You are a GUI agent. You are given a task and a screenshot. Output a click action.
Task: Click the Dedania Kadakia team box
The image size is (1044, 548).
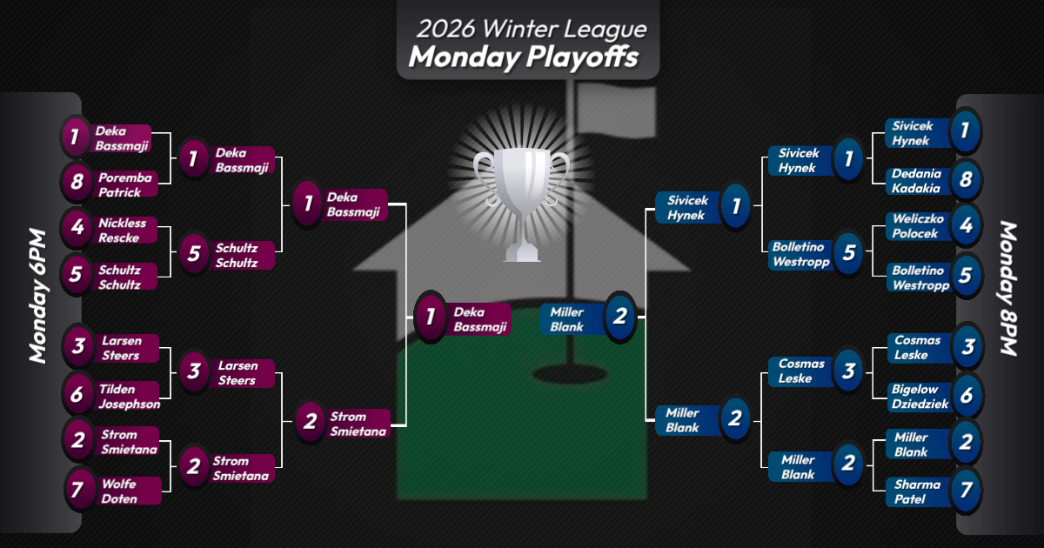pyautogui.click(x=915, y=181)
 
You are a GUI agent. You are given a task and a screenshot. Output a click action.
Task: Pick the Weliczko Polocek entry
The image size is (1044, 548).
pyautogui.click(x=915, y=225)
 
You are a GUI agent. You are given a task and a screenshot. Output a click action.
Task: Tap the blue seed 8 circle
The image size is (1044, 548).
pyautogui.click(x=966, y=180)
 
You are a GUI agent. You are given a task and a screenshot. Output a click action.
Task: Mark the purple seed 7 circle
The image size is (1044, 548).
pyautogui.click(x=77, y=490)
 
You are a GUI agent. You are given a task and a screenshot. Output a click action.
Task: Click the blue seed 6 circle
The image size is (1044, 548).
pyautogui.click(x=966, y=395)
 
